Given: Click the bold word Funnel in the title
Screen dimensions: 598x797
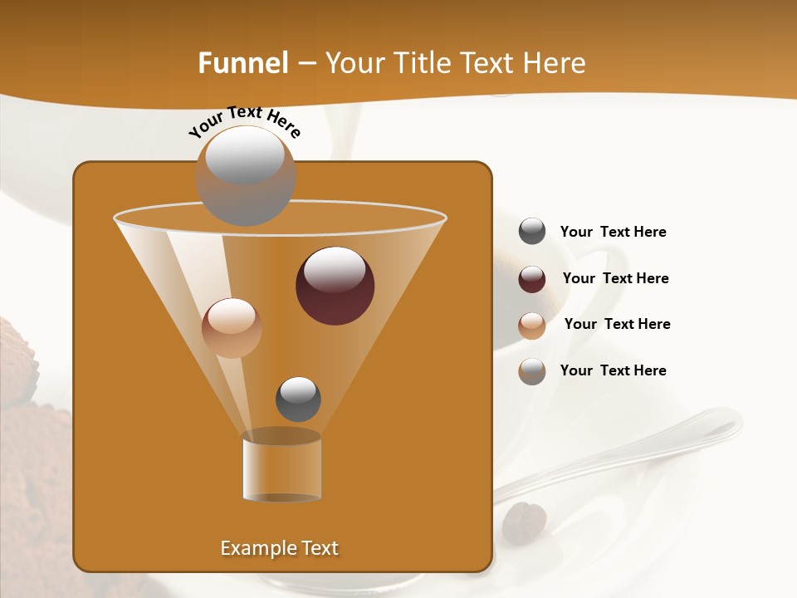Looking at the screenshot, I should click(x=242, y=63).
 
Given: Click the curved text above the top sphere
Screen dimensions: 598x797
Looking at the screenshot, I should click(x=244, y=121).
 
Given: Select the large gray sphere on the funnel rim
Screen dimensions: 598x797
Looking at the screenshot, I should click(x=245, y=175).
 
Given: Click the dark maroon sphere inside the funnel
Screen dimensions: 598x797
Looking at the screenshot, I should click(x=335, y=286).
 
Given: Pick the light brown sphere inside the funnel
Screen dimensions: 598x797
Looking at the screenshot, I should click(x=232, y=327).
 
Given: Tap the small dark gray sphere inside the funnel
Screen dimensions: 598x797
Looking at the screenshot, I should click(x=298, y=399).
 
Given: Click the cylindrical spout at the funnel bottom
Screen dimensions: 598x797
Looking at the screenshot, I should click(x=281, y=466).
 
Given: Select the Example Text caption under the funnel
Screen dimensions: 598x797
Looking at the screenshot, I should click(x=279, y=548).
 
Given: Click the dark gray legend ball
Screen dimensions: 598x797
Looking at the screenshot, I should click(x=532, y=232).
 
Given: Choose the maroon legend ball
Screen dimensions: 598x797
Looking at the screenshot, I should click(x=532, y=279).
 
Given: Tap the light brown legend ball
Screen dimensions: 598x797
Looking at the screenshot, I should click(x=532, y=326).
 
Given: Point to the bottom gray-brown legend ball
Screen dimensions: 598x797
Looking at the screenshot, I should click(x=532, y=371).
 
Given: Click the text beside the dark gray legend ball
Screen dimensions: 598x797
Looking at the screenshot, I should click(x=613, y=233).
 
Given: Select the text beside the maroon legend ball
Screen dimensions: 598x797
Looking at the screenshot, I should click(x=615, y=279).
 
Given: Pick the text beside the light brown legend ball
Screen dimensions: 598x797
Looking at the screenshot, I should click(x=617, y=325).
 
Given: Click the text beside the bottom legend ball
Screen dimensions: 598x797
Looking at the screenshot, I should click(x=613, y=370).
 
